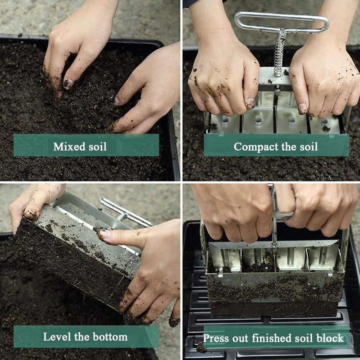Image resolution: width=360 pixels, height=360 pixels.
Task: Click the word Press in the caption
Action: click(215, 338)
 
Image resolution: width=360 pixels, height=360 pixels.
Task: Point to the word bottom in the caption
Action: click(110, 336)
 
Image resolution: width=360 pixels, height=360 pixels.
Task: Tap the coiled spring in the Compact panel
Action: click(279, 53)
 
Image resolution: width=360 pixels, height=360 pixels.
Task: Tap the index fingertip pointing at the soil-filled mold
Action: click(104, 234)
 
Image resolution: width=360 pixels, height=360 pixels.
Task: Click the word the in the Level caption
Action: click(81, 336)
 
